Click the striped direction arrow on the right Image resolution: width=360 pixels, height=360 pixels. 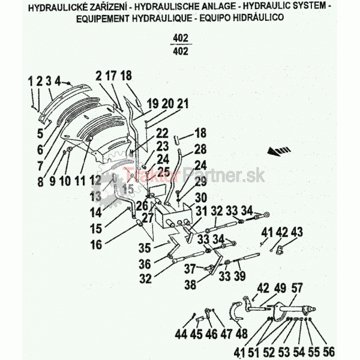click(x=279, y=151)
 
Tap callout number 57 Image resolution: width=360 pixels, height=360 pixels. click(x=297, y=288)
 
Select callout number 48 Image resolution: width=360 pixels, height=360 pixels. click(x=242, y=334)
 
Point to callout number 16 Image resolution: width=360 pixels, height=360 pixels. click(x=96, y=245)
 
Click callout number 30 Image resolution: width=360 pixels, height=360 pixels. click(x=201, y=198)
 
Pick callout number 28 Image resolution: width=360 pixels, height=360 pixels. click(x=200, y=149)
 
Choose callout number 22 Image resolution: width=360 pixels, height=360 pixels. click(x=162, y=133)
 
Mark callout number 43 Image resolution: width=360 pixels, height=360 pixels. click(x=296, y=232)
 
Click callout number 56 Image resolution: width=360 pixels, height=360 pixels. click(x=329, y=352)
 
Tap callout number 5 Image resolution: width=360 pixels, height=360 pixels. click(x=40, y=133)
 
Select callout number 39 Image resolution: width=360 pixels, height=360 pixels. click(x=239, y=275)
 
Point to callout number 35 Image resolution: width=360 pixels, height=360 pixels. click(x=145, y=248)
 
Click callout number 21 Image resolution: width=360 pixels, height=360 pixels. click(x=182, y=104)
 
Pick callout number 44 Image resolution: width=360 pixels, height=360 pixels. click(x=181, y=334)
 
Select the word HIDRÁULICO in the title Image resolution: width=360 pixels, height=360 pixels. click(x=258, y=17)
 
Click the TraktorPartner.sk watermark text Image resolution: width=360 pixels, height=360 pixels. click(x=194, y=175)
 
